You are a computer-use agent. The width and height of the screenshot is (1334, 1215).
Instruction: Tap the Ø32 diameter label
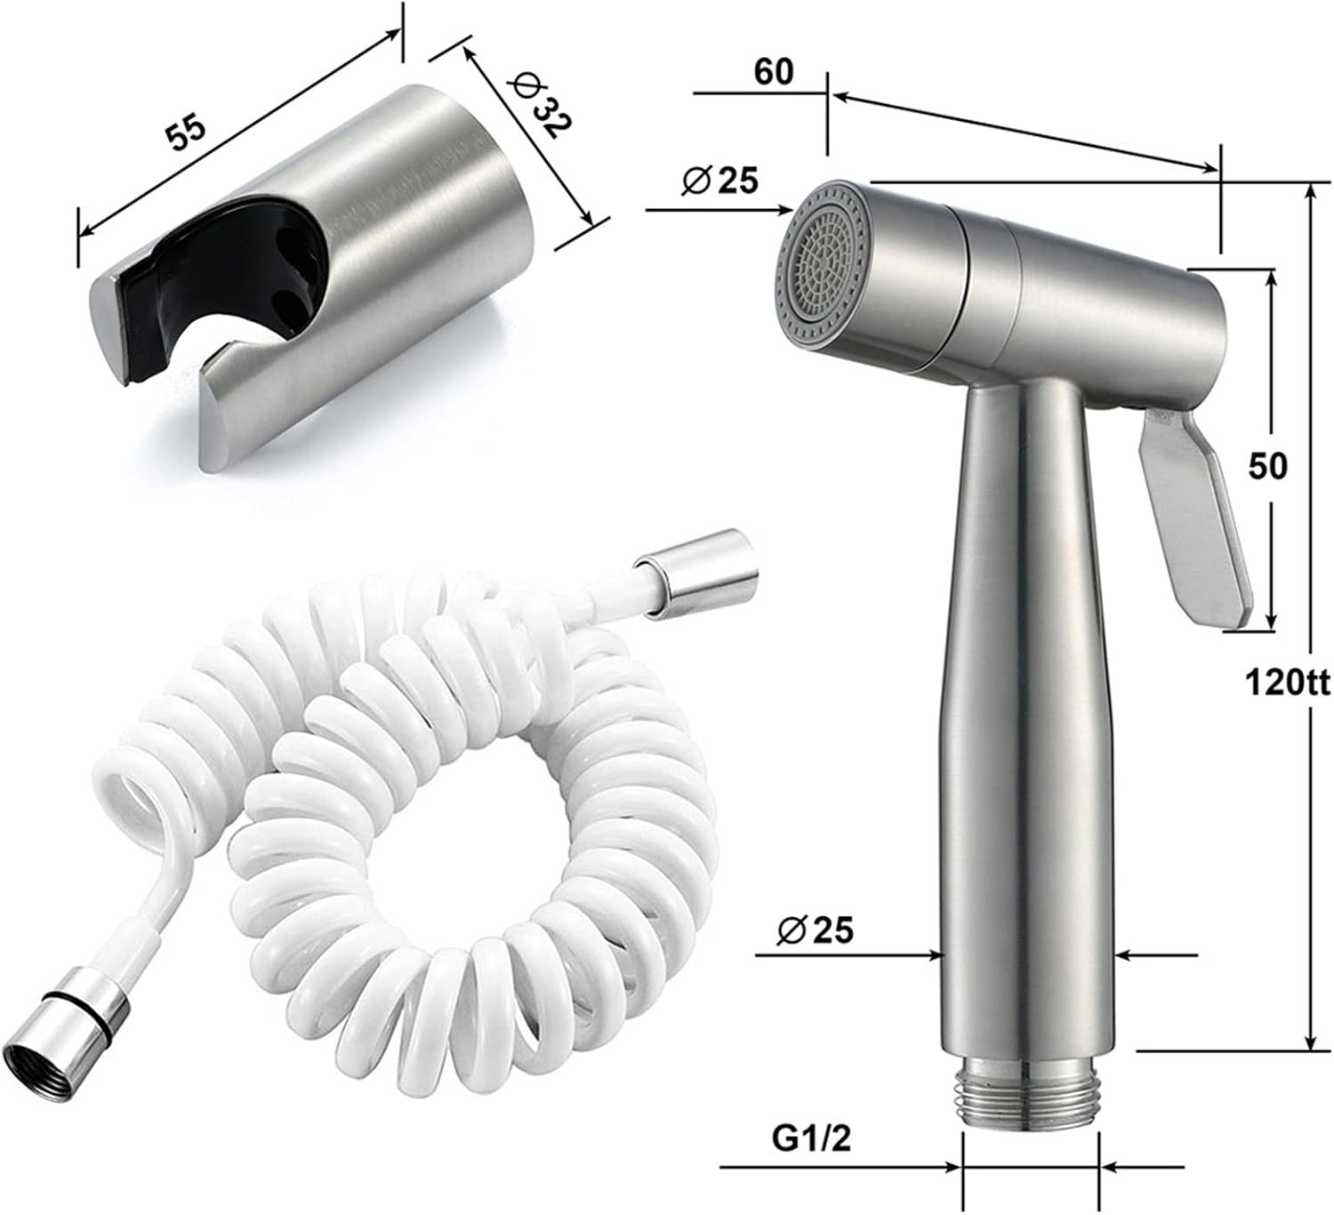(x=539, y=105)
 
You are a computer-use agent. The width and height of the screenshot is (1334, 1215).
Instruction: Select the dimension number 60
(x=773, y=71)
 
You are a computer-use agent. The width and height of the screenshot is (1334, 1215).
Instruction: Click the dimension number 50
(x=1267, y=465)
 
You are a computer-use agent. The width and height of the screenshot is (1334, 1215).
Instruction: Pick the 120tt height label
(x=1286, y=683)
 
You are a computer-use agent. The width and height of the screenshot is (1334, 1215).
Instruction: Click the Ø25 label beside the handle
(x=815, y=930)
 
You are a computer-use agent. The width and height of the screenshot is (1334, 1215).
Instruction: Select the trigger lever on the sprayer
(x=1196, y=516)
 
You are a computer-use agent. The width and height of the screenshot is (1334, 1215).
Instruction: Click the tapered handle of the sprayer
(x=1027, y=712)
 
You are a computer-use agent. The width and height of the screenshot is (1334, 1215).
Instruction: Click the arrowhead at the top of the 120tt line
(x=1309, y=191)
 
